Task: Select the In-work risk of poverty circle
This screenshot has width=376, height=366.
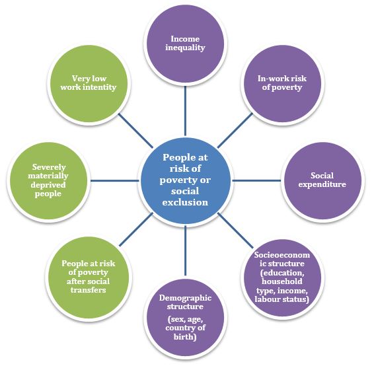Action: click(282, 83)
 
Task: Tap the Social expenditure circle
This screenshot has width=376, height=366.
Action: click(322, 180)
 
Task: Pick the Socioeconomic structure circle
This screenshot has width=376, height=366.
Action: click(282, 277)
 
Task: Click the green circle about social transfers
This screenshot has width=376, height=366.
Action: click(89, 277)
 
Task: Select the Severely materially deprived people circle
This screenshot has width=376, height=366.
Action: click(48, 180)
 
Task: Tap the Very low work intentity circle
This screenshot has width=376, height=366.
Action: click(89, 83)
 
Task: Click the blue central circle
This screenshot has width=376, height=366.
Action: click(185, 180)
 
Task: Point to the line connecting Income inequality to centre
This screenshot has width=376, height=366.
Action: click(185, 111)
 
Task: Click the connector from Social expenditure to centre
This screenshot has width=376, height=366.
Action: click(256, 180)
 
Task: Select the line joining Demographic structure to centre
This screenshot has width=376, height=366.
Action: click(185, 250)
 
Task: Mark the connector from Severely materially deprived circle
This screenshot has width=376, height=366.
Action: click(114, 180)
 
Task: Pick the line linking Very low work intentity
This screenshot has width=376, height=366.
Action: click(135, 131)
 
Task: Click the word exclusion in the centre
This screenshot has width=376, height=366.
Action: click(185, 202)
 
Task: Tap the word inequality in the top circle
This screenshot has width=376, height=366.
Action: click(185, 48)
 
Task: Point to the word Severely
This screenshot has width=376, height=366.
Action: click(49, 167)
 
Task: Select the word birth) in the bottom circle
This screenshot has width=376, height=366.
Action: click(185, 337)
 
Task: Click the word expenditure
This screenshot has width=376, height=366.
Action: click(322, 184)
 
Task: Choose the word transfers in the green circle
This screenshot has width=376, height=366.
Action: click(89, 290)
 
